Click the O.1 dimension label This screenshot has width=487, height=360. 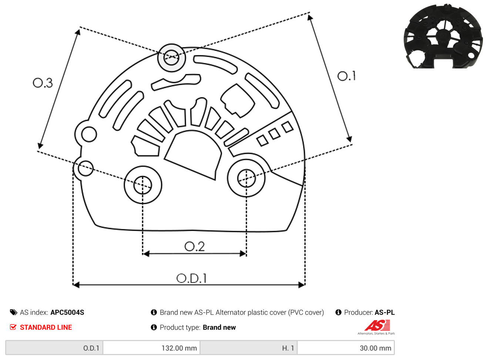346,76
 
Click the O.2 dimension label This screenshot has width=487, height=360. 195,246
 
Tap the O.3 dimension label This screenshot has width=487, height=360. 43,83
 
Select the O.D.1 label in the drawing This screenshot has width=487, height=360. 191,278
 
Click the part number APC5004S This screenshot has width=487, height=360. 67,312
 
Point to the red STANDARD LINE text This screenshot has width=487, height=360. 46,327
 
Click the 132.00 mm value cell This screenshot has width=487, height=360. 151,348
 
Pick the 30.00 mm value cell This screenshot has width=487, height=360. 346,348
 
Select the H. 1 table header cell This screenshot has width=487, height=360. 249,348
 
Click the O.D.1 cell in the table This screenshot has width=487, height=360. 54,348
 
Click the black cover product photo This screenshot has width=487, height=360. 443,36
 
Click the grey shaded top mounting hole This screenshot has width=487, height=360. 171,58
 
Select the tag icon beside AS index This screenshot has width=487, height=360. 14,312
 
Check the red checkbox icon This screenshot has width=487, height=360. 13,327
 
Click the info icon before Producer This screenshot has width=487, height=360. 338,312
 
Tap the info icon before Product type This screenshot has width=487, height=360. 154,327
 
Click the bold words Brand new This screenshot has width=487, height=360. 219,327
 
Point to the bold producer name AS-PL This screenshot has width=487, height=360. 385,312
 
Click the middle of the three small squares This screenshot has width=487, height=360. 274,134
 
